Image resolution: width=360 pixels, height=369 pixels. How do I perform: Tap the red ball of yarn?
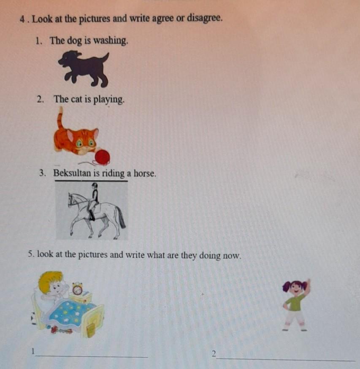click(x=102, y=157)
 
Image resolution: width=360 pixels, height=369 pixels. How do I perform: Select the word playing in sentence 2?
click(x=108, y=100)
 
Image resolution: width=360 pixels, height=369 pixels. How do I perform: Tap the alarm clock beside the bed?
click(x=77, y=288)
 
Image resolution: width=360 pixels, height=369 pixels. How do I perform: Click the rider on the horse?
click(x=93, y=202)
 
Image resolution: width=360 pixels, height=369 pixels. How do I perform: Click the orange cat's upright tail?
click(x=60, y=118)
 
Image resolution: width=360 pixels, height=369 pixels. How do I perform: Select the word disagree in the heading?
click(x=204, y=18)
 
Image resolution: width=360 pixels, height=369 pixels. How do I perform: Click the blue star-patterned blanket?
click(x=70, y=314)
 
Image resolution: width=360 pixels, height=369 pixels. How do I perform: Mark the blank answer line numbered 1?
click(x=92, y=357)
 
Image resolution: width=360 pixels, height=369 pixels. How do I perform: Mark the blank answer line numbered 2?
click(x=286, y=360)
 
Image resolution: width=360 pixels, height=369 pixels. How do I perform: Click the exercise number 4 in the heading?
click(x=23, y=19)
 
